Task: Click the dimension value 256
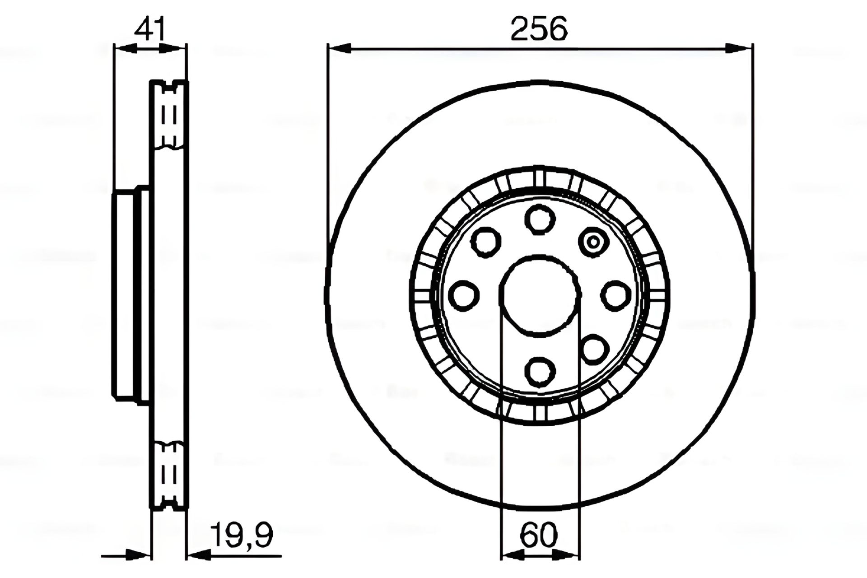[539, 29]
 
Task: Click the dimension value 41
[150, 29]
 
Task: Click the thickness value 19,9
[242, 536]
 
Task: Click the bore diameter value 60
[539, 536]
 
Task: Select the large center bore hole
[541, 296]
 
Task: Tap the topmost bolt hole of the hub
[540, 219]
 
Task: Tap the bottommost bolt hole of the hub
[540, 372]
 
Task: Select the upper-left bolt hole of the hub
[486, 242]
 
